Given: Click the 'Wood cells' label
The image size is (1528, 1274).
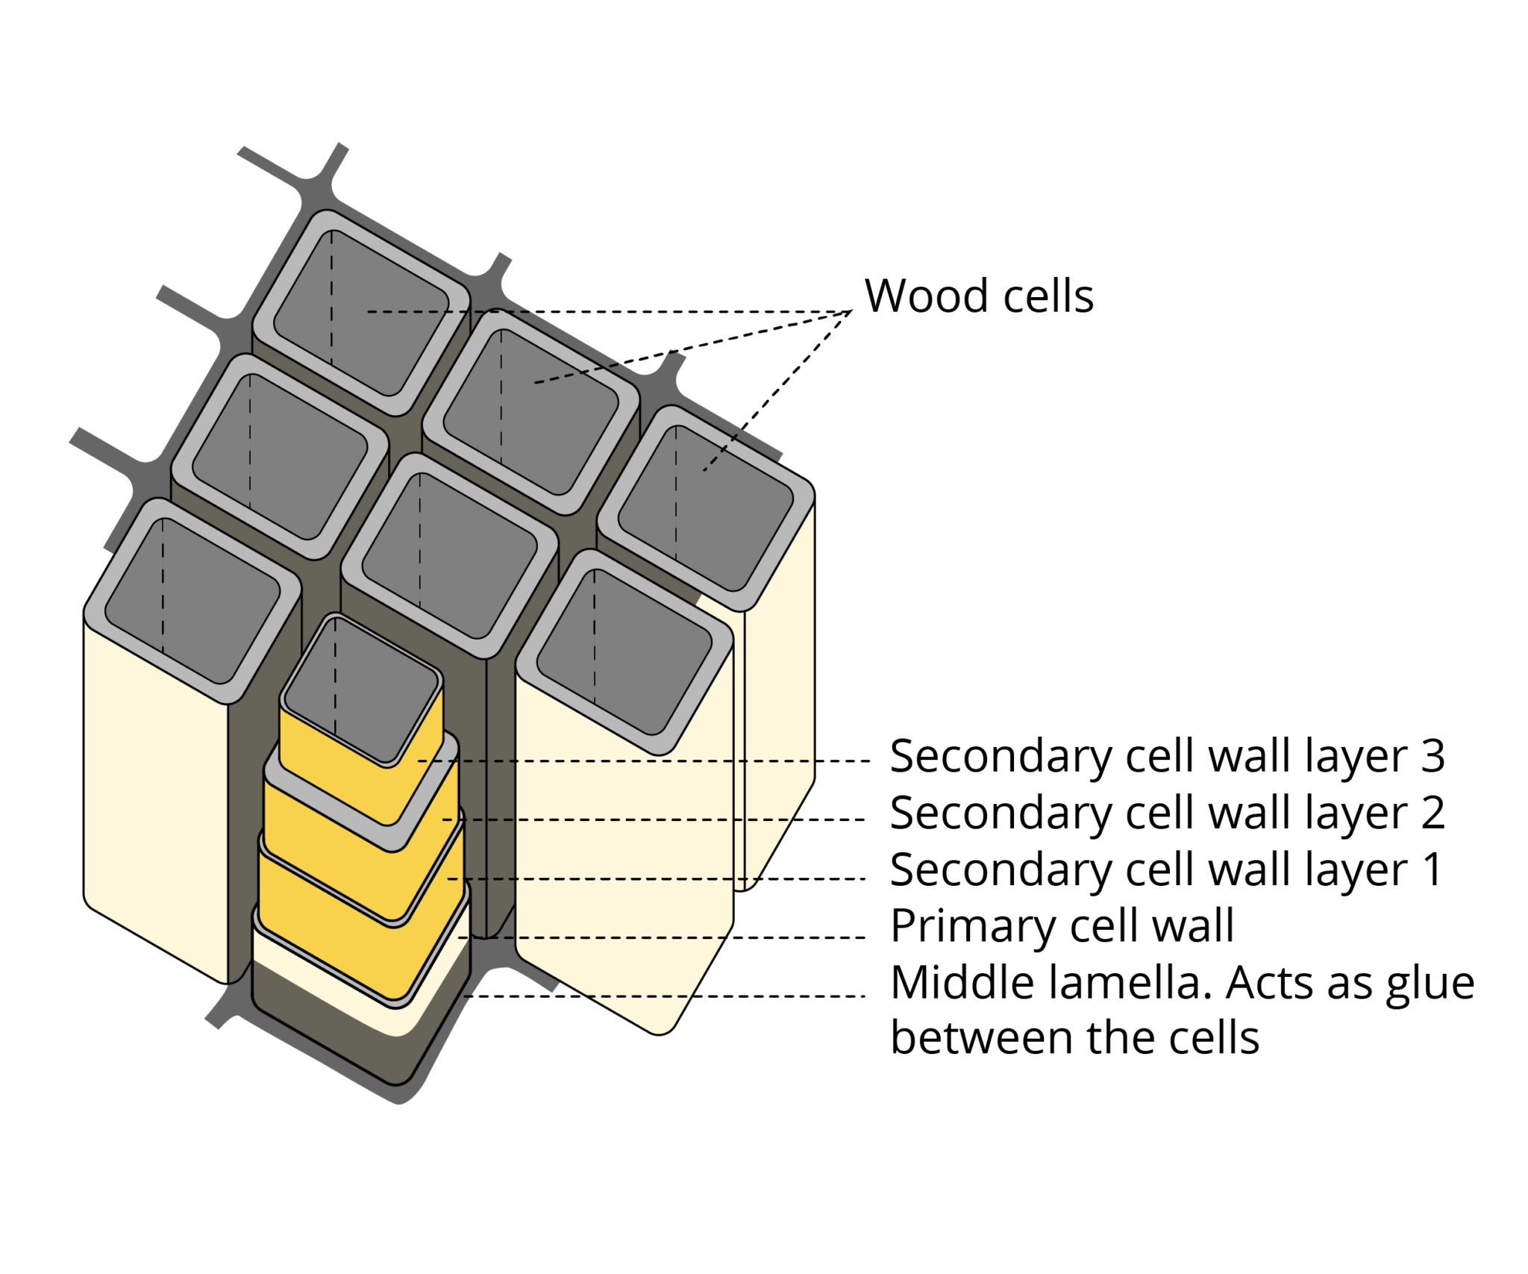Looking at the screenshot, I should coord(978,296).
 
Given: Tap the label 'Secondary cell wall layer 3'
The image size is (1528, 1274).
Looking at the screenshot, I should coord(1167,756).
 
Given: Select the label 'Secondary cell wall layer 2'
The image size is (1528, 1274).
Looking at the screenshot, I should coord(1167,813).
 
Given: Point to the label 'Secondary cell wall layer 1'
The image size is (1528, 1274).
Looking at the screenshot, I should coord(1165,869).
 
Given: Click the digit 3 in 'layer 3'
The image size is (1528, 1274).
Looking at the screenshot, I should coord(1432,756).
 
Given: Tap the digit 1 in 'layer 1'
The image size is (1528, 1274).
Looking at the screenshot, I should coord(1432,869).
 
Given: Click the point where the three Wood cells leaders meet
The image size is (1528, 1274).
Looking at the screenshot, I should coord(851,311).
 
